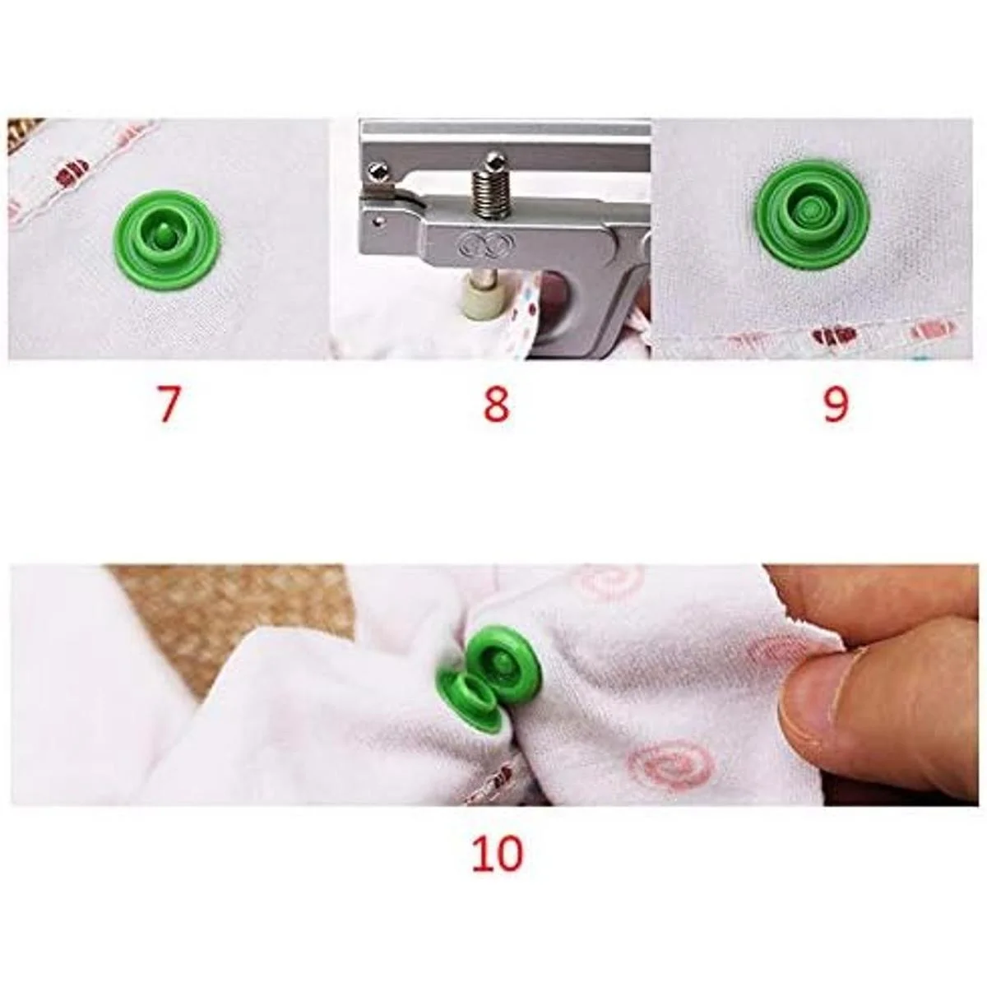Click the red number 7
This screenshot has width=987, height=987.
(x=169, y=405)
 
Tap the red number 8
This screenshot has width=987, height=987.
(x=496, y=405)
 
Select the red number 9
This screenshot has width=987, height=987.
(x=836, y=405)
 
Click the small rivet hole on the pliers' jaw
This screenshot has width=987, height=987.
(x=378, y=221)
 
